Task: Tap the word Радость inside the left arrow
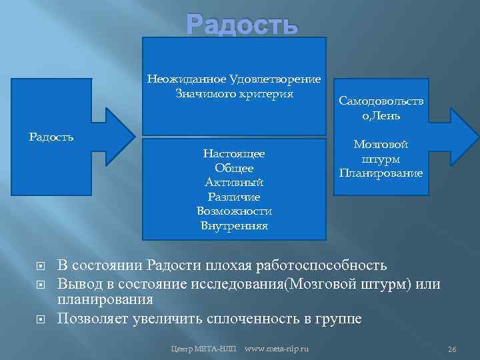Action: click(51, 137)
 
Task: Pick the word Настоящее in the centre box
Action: click(234, 154)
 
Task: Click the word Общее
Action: click(234, 169)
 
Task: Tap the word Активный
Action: click(234, 183)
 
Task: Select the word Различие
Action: click(234, 197)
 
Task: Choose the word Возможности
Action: click(234, 211)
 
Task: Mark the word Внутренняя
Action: click(234, 226)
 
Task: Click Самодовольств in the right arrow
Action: click(381, 102)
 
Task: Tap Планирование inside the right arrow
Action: click(381, 173)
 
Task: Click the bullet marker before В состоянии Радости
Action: click(41, 267)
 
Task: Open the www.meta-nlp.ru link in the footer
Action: click(282, 349)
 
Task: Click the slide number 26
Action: click(451, 349)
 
